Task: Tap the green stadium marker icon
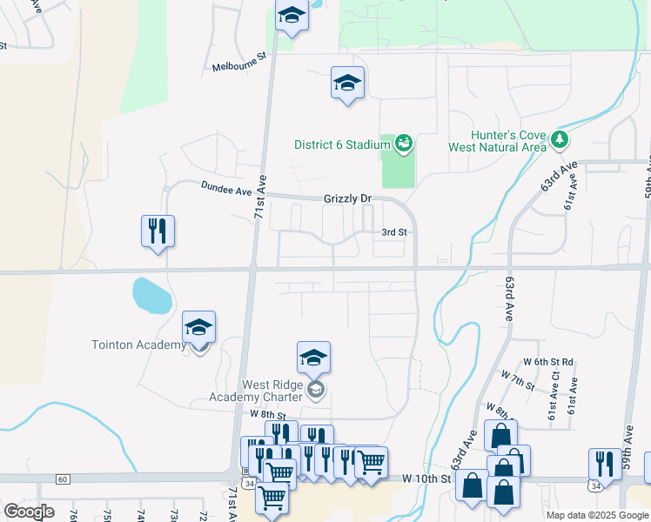pyautogui.click(x=403, y=142)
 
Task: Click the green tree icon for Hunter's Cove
pyautogui.click(x=561, y=138)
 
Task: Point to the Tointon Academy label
pyautogui.click(x=138, y=345)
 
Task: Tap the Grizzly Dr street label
pyautogui.click(x=348, y=198)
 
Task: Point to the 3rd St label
pyautogui.click(x=395, y=232)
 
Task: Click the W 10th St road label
pyautogui.click(x=426, y=478)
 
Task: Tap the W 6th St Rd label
pyautogui.click(x=547, y=362)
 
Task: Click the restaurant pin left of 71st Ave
pyautogui.click(x=158, y=231)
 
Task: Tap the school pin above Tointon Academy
pyautogui.click(x=198, y=327)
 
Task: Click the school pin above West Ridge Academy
pyautogui.click(x=313, y=357)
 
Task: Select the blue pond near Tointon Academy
pyautogui.click(x=151, y=297)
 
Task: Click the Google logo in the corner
pyautogui.click(x=30, y=512)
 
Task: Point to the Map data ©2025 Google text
pyautogui.click(x=597, y=515)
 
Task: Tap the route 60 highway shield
pyautogui.click(x=62, y=479)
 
